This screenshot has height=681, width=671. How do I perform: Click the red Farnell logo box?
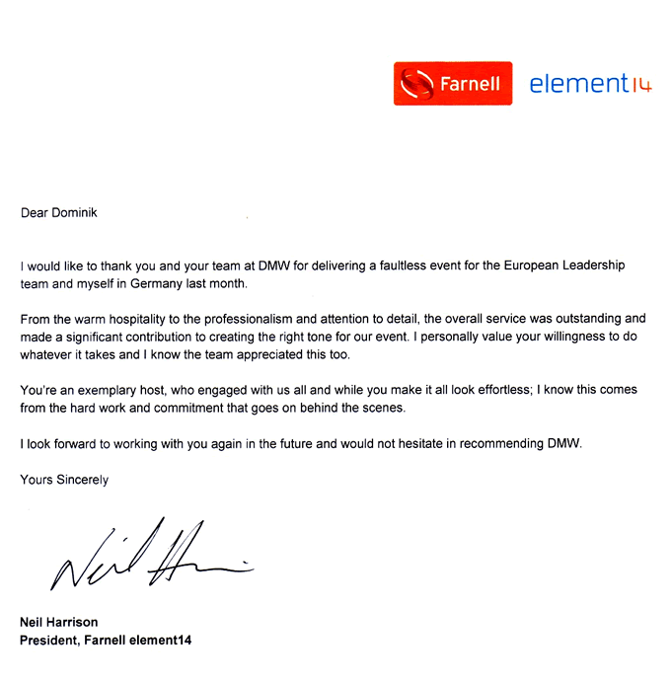[x=454, y=84]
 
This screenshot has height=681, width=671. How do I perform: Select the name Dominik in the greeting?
[x=78, y=211]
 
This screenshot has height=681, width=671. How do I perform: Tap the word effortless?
[x=485, y=390]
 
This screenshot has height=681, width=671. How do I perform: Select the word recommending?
[x=502, y=443]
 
